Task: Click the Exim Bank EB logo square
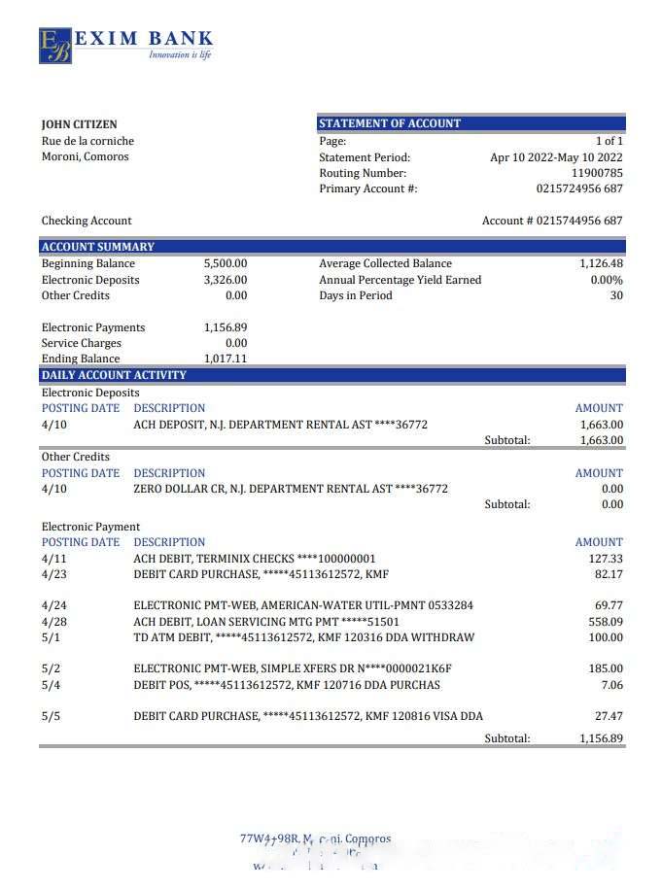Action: [x=55, y=46]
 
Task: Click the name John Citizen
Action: [x=79, y=124]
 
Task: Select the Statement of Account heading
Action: [x=390, y=123]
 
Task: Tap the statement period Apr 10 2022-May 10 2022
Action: [x=556, y=157]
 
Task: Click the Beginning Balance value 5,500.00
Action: [x=226, y=263]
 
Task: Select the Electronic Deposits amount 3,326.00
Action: [x=226, y=280]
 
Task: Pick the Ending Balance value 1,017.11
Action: [x=226, y=359]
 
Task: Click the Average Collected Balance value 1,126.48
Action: [x=601, y=263]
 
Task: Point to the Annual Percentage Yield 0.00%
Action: [x=607, y=280]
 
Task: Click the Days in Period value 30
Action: [x=616, y=295]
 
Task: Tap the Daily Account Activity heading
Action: [x=114, y=375]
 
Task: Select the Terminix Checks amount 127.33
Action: [x=607, y=559]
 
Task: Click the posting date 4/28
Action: [x=54, y=622]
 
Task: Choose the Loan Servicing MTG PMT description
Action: [x=266, y=622]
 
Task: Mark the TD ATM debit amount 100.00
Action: [x=606, y=637]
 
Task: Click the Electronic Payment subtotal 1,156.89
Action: [x=601, y=738]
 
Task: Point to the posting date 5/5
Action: [x=51, y=716]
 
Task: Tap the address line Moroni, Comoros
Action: [x=85, y=156]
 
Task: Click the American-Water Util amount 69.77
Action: [x=609, y=605]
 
